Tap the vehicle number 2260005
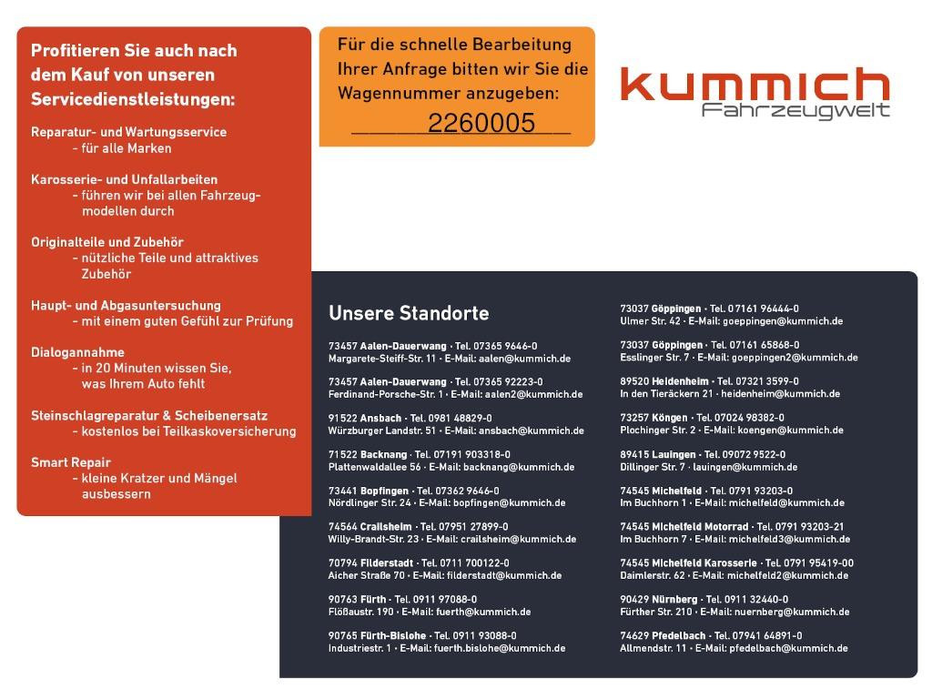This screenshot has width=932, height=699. (481, 124)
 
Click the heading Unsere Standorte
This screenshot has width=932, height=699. (409, 313)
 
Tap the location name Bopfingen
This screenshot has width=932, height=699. (384, 491)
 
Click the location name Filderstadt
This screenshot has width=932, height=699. (386, 563)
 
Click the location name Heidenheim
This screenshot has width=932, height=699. (677, 381)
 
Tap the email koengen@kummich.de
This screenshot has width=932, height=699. (784, 431)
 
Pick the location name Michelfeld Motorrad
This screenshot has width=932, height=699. (700, 527)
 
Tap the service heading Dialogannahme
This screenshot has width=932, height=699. (77, 352)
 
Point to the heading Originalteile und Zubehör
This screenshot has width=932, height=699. (107, 242)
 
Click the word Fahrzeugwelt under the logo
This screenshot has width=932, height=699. (795, 111)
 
